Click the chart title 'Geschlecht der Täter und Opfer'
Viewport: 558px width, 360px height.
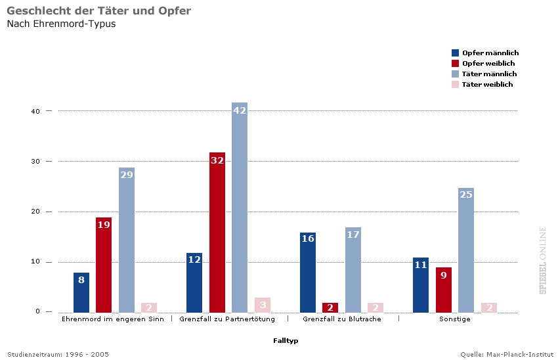point(98,11)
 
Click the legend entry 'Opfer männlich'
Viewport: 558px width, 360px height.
point(490,53)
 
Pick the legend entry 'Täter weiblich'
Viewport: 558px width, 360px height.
point(487,84)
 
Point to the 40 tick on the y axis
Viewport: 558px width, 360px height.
point(35,111)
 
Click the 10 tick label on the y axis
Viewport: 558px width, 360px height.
point(35,261)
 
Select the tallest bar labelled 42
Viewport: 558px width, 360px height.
point(240,208)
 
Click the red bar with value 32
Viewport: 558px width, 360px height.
point(217,233)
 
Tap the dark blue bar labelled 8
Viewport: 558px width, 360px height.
point(81,292)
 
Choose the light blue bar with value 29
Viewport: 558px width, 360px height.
point(127,240)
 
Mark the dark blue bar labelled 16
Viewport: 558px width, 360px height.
point(308,273)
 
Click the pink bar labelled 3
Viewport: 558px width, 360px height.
point(263,305)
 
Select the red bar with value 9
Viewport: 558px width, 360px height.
point(444,290)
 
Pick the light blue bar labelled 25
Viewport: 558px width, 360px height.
point(466,250)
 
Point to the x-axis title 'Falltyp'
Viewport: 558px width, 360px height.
point(286,340)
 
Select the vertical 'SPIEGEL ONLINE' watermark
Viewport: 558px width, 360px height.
point(543,260)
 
